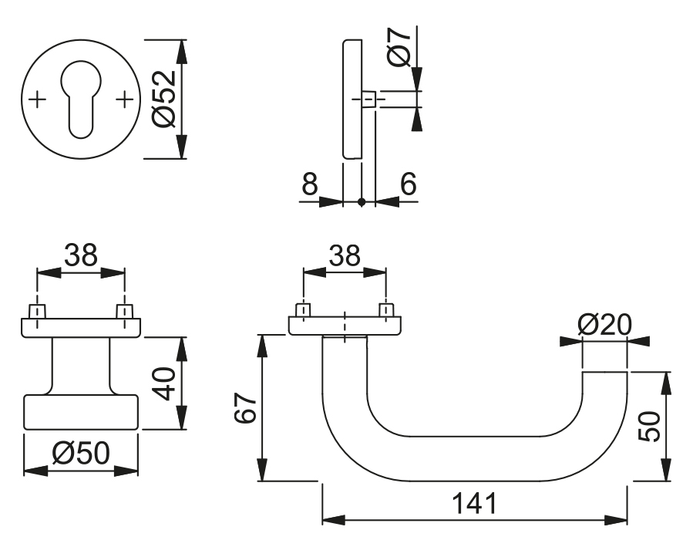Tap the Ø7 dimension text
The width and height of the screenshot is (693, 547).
click(x=399, y=48)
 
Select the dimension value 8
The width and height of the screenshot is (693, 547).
click(x=309, y=184)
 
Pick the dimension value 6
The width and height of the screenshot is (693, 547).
click(x=408, y=184)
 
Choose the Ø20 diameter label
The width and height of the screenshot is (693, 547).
click(x=604, y=325)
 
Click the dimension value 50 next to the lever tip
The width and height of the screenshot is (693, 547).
click(x=652, y=426)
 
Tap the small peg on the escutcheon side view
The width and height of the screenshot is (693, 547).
click(x=369, y=100)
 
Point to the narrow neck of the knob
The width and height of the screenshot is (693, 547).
click(x=81, y=366)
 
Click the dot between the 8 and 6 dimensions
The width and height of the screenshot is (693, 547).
click(x=362, y=202)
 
